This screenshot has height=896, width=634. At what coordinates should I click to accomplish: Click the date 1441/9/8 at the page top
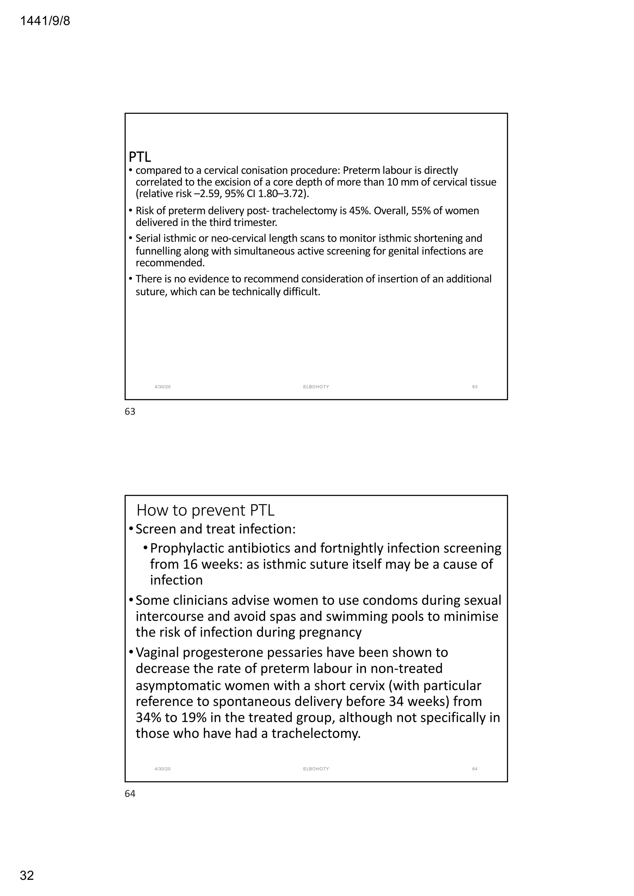pos(45,21)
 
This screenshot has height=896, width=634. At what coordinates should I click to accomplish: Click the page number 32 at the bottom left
pos(27,875)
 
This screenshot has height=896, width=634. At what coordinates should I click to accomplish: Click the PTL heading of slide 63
pos(140,157)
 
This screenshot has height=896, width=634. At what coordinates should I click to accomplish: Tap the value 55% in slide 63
pos(420,211)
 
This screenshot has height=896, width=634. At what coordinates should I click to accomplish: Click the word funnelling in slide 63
pos(158,251)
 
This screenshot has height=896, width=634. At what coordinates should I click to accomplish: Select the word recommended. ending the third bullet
pos(170,263)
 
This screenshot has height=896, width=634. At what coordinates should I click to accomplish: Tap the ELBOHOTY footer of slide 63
pos(316,387)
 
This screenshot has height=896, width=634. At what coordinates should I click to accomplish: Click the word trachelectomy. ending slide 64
pos(316,733)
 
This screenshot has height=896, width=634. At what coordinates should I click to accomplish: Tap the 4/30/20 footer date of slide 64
pos(163,769)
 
